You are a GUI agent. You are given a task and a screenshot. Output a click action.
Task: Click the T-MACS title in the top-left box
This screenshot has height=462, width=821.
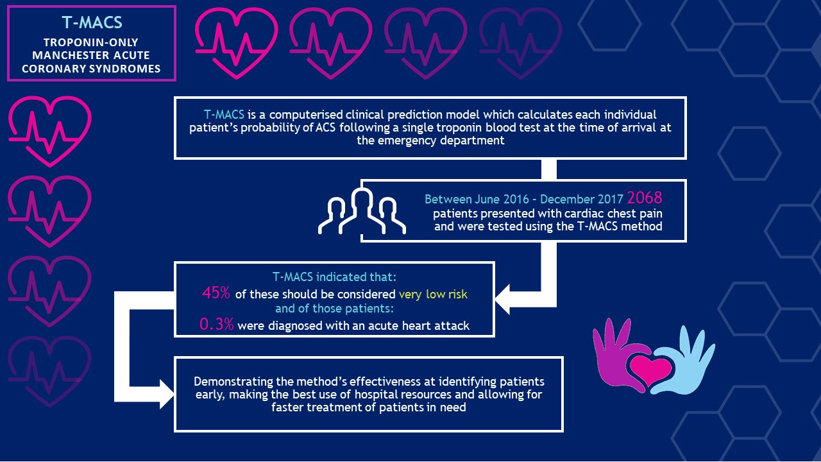tap(92, 22)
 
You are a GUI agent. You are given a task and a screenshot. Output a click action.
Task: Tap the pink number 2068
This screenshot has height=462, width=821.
tap(645, 198)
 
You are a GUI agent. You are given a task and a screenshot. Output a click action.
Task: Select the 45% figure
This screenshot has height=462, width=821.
tap(216, 293)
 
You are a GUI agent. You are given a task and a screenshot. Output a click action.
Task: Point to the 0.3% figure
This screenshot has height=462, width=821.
tap(217, 325)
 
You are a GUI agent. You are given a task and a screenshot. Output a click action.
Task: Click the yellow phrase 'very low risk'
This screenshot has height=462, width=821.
tap(433, 295)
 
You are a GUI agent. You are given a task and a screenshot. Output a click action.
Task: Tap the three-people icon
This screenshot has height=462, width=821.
tap(362, 211)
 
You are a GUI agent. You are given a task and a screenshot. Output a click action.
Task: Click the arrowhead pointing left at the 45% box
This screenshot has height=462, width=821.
tap(502, 299)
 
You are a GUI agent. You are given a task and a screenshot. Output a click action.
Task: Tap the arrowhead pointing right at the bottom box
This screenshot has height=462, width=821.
tap(167, 394)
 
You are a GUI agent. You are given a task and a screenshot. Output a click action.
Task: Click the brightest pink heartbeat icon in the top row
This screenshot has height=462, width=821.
tap(237, 43)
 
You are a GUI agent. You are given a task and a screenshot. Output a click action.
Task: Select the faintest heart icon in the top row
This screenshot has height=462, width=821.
tap(520, 43)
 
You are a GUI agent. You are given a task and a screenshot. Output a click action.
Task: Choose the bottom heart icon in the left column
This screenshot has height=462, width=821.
tap(49, 371)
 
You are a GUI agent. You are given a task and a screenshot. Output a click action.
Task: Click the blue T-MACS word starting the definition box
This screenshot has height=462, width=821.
tap(224, 115)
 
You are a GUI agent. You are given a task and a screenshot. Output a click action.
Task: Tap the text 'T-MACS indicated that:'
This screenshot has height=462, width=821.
tap(334, 277)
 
